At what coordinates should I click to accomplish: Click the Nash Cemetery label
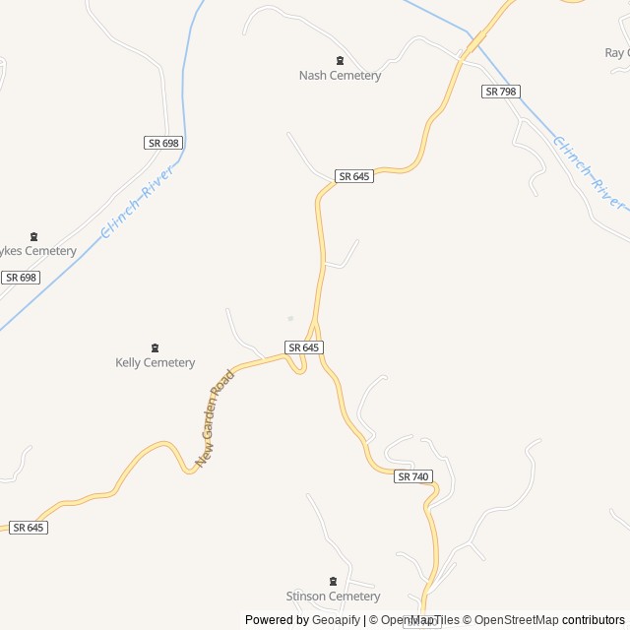340,76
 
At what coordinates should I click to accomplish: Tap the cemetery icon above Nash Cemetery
341,61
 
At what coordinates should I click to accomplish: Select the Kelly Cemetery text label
156,363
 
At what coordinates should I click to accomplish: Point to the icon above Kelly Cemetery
155,347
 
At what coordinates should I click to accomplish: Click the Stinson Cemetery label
333,597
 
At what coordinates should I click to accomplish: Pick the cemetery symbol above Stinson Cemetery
332,582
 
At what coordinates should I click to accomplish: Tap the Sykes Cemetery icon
34,236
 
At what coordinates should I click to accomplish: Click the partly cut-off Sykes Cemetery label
37,251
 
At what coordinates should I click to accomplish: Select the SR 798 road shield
501,92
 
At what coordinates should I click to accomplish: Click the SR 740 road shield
413,476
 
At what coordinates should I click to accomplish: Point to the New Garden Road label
216,417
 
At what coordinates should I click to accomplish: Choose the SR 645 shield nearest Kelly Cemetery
304,347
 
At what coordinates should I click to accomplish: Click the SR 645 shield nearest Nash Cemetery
353,176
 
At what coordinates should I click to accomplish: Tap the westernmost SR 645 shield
29,528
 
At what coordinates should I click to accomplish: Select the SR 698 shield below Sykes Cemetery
20,278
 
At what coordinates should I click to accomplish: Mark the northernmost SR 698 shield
163,143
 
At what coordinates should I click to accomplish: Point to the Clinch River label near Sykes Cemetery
138,202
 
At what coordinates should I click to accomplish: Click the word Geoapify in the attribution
336,620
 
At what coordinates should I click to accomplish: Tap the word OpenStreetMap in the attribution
516,620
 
